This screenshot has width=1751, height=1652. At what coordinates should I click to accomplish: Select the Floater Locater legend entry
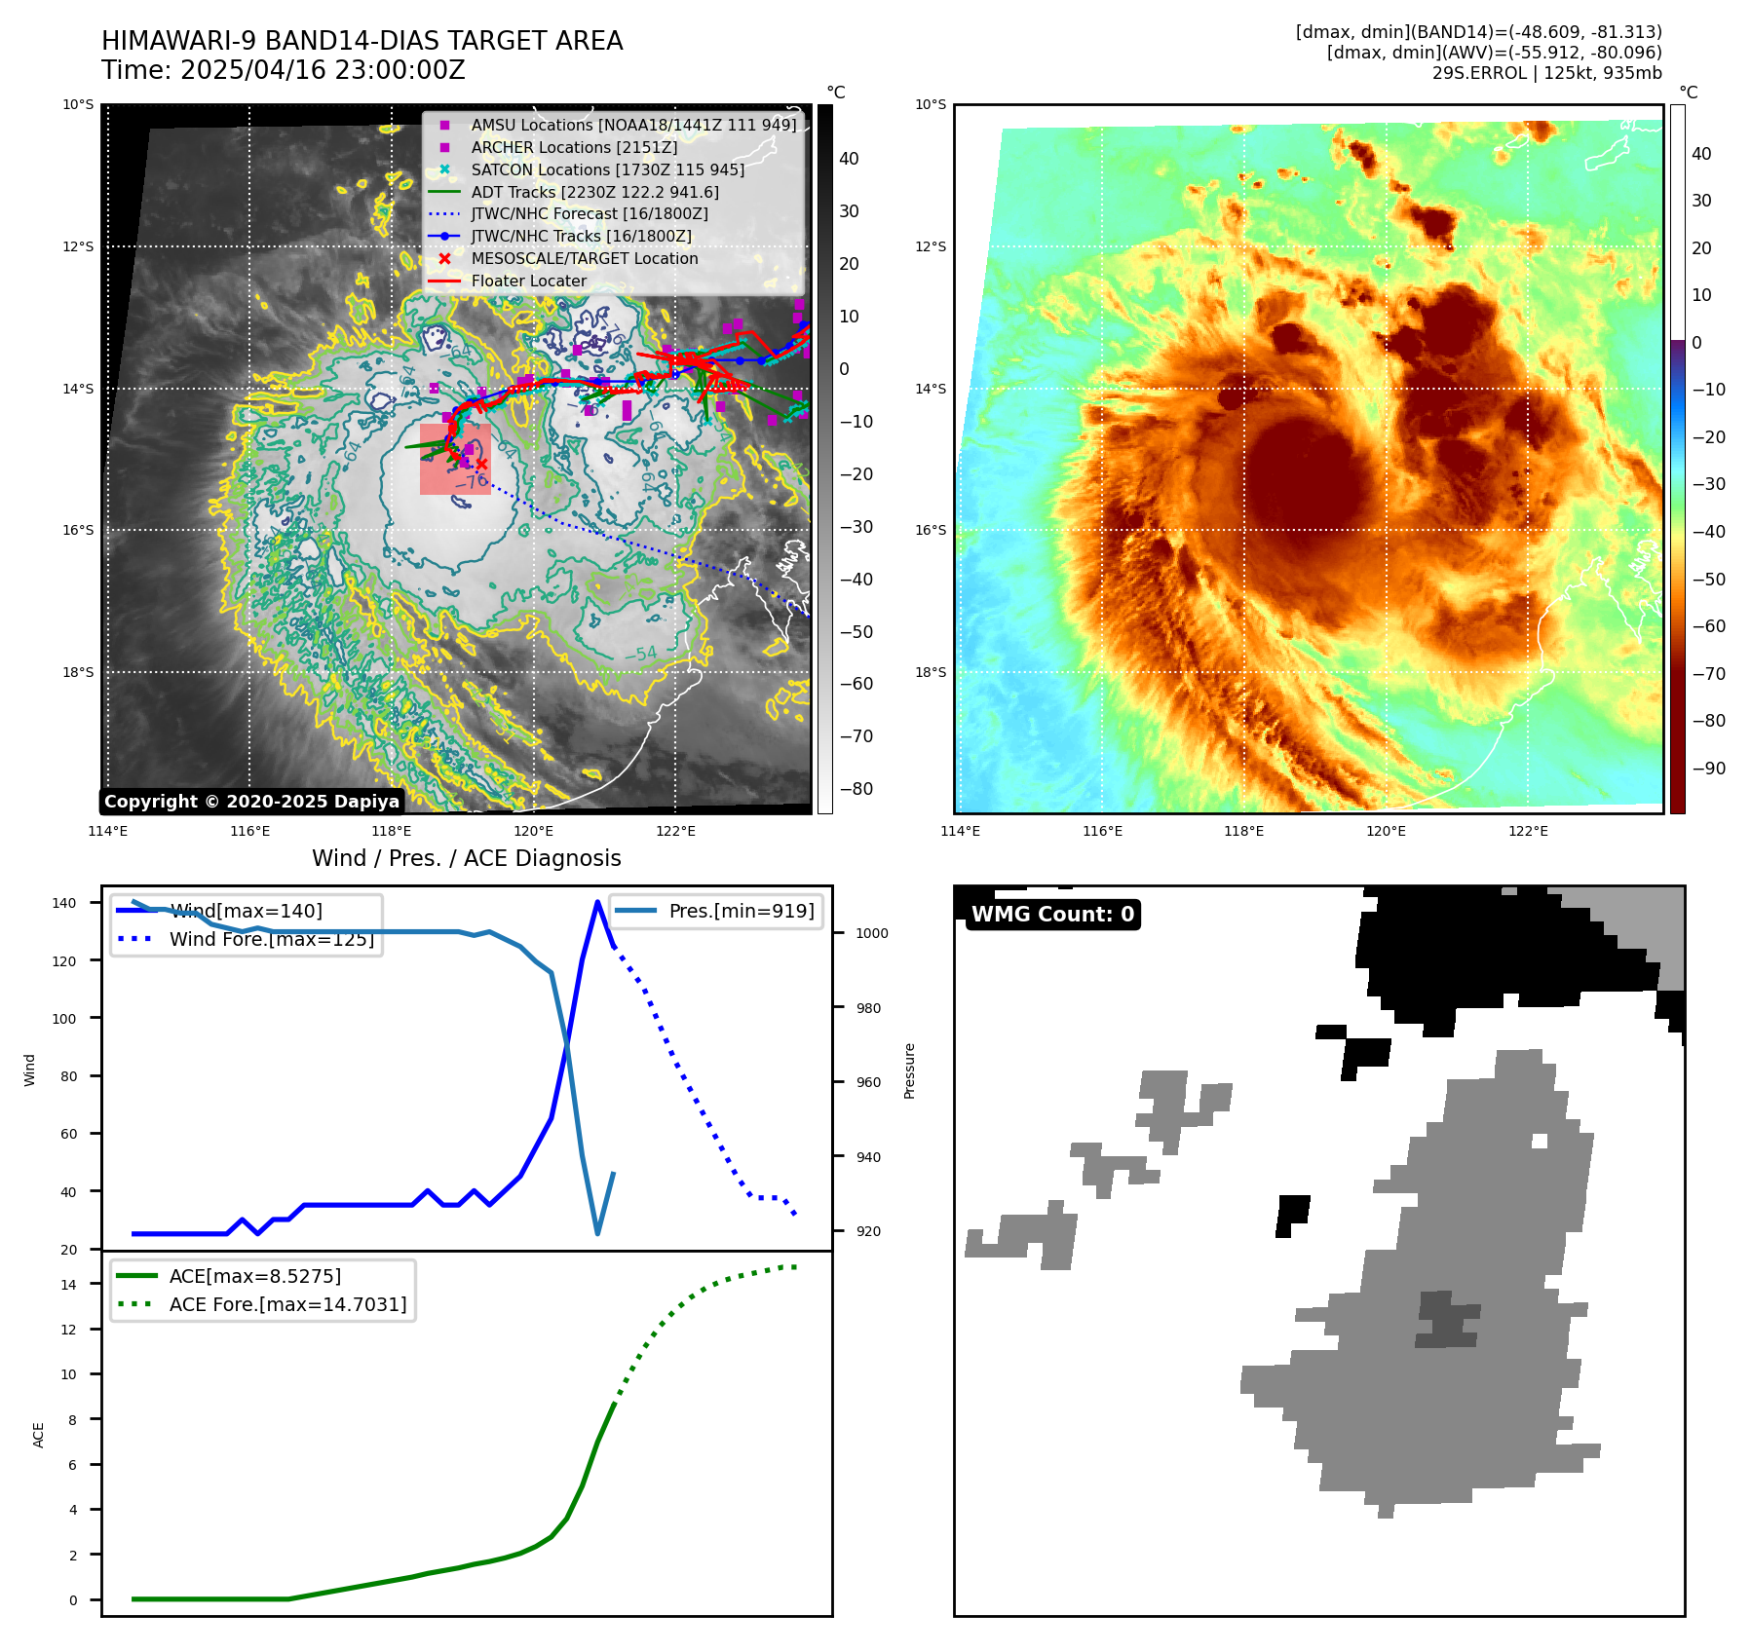[x=528, y=281]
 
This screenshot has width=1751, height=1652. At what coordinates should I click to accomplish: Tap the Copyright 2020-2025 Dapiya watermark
[x=251, y=802]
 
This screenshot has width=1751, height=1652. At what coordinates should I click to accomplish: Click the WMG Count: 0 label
[x=1052, y=914]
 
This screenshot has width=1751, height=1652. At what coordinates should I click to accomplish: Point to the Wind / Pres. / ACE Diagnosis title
[x=466, y=858]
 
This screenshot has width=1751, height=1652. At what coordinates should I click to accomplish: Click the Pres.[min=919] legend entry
[x=741, y=911]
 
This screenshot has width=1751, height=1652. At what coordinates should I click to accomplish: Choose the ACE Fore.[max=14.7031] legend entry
[x=287, y=1303]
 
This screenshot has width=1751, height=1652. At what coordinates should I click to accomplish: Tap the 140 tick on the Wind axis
[x=64, y=903]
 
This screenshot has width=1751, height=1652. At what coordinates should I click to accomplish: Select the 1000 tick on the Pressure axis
[x=871, y=933]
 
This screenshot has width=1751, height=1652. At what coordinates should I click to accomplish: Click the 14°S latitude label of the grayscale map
[x=78, y=389]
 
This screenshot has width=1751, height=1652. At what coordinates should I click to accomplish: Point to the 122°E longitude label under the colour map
[x=1528, y=831]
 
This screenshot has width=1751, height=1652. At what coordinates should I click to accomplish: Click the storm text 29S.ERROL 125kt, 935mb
[x=1546, y=73]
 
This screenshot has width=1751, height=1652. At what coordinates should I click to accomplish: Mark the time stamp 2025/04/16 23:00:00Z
[x=323, y=71]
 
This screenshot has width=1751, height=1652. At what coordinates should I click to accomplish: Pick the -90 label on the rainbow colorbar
[x=1708, y=769]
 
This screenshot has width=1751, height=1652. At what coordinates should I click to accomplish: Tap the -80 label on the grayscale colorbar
[x=856, y=789]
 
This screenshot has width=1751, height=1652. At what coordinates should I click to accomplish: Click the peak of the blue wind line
[x=597, y=902]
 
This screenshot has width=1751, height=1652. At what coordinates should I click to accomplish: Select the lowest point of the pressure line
[x=597, y=1234]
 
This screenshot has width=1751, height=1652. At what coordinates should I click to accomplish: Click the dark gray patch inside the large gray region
[x=1447, y=1320]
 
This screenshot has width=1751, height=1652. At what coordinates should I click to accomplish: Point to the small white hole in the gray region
[x=1540, y=1141]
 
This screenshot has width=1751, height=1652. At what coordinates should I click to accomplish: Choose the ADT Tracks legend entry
[x=594, y=192]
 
